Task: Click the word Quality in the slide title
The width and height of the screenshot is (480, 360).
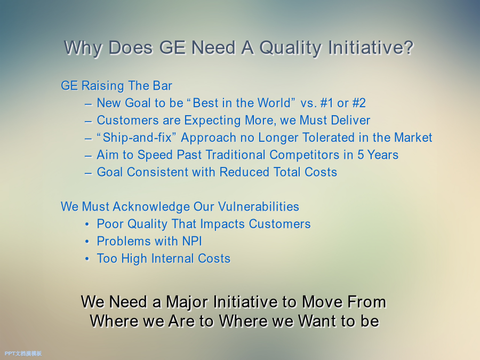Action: tap(291, 48)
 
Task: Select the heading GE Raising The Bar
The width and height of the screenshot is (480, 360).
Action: tap(116, 86)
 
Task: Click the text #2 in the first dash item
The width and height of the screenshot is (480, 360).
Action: tap(359, 103)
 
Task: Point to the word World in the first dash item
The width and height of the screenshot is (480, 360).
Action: tap(274, 103)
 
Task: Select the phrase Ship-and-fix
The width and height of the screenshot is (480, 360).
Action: tap(137, 138)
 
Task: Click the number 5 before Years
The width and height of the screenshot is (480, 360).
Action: tap(361, 155)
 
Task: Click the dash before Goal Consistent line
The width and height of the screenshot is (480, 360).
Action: tap(88, 173)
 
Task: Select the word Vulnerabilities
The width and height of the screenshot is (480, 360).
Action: tap(259, 206)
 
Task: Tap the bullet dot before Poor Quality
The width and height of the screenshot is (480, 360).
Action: tap(87, 225)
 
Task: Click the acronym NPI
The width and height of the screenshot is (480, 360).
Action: tap(192, 241)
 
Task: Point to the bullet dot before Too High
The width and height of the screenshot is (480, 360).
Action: tap(87, 259)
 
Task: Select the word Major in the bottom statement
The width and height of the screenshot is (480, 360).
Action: tap(187, 302)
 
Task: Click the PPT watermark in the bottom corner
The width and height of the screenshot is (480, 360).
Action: tap(23, 354)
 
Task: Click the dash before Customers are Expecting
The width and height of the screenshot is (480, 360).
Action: tap(88, 122)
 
